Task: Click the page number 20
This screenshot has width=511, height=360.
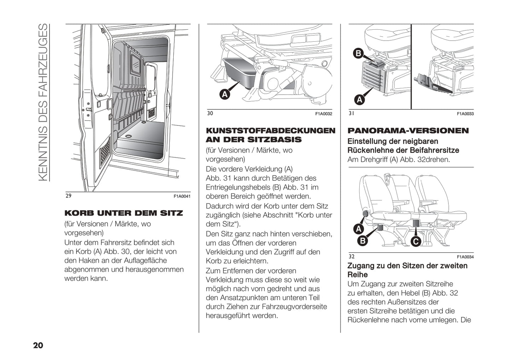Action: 38,345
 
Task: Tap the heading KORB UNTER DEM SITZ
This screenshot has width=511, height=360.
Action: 124,213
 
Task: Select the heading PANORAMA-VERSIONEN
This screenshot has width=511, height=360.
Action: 408,131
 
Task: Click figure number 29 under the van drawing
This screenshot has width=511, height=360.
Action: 68,196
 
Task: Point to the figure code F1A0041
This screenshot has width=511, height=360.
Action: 182,196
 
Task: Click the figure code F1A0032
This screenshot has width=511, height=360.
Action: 324,114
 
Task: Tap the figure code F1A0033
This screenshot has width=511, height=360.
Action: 465,114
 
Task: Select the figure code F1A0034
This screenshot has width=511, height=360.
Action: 465,257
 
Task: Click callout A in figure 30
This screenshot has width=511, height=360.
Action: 225,94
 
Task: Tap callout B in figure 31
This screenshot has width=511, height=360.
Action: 358,53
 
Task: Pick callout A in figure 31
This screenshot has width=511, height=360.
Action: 360,100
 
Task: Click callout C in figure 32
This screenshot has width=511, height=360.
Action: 416,242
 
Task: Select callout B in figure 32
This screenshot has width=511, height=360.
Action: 362,241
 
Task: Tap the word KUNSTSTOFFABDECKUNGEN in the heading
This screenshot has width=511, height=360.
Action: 271,131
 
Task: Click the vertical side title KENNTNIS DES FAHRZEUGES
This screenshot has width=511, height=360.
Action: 42,102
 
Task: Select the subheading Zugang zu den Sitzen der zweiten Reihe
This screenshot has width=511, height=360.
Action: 407,270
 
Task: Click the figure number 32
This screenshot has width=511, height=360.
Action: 352,256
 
